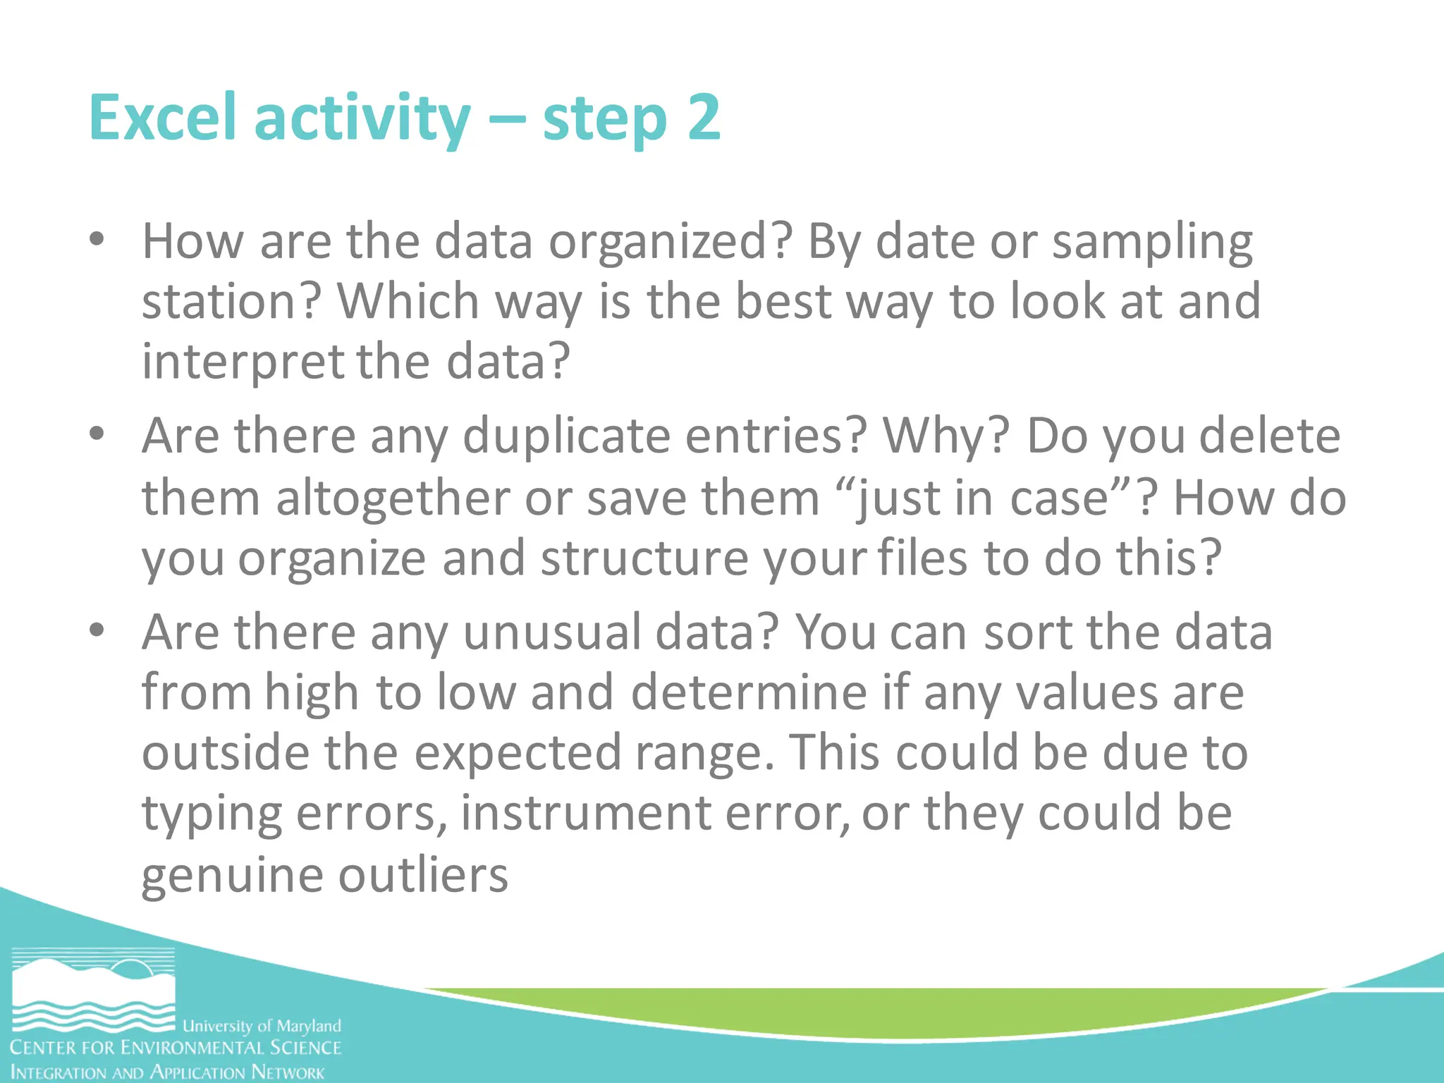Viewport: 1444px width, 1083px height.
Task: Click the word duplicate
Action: tap(565, 436)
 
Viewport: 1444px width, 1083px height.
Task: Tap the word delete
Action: tap(1269, 436)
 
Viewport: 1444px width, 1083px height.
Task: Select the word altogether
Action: tap(392, 498)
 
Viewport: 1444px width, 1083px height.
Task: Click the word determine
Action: tap(748, 692)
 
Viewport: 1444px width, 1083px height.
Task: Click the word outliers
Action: tap(423, 875)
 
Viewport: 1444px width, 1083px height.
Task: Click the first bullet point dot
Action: tap(97, 240)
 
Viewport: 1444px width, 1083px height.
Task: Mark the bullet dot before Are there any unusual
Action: tap(97, 630)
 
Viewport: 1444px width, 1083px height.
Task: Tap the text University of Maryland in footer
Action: tap(262, 1026)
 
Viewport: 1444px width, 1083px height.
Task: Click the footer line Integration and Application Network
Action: tap(168, 1072)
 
